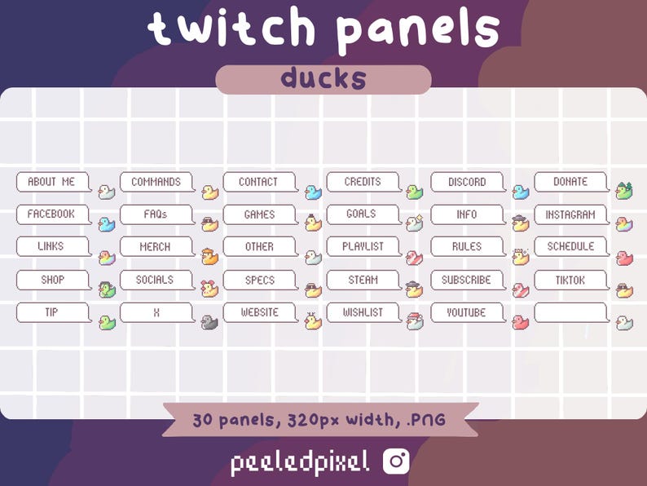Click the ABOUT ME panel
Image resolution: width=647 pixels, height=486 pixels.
pos(51,182)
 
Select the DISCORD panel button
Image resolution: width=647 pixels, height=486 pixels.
pos(467,182)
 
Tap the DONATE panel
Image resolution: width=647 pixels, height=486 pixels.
pos(570,182)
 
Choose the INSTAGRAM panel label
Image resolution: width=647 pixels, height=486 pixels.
pos(570,214)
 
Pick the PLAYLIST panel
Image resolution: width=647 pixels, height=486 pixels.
pos(363,246)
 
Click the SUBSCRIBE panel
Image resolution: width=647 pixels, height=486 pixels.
pos(467,280)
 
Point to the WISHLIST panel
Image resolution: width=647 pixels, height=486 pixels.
pos(363,312)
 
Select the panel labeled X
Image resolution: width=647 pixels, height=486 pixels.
pos(155,312)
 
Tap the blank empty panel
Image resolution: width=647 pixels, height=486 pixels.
pos(570,312)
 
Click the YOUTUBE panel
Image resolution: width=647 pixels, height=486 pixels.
pos(467,312)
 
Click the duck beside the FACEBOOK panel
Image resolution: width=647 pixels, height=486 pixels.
pos(107,224)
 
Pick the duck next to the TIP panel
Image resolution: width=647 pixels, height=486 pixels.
pos(107,322)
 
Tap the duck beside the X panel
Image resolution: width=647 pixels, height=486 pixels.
pos(209,322)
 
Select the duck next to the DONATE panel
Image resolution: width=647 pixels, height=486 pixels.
pos(625,192)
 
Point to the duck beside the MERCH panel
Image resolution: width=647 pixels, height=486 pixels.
pos(209,257)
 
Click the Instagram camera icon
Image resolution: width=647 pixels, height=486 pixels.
pos(397,462)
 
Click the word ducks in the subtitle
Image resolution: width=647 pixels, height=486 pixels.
pos(323,79)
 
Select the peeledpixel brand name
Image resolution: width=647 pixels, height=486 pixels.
pos(299,462)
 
